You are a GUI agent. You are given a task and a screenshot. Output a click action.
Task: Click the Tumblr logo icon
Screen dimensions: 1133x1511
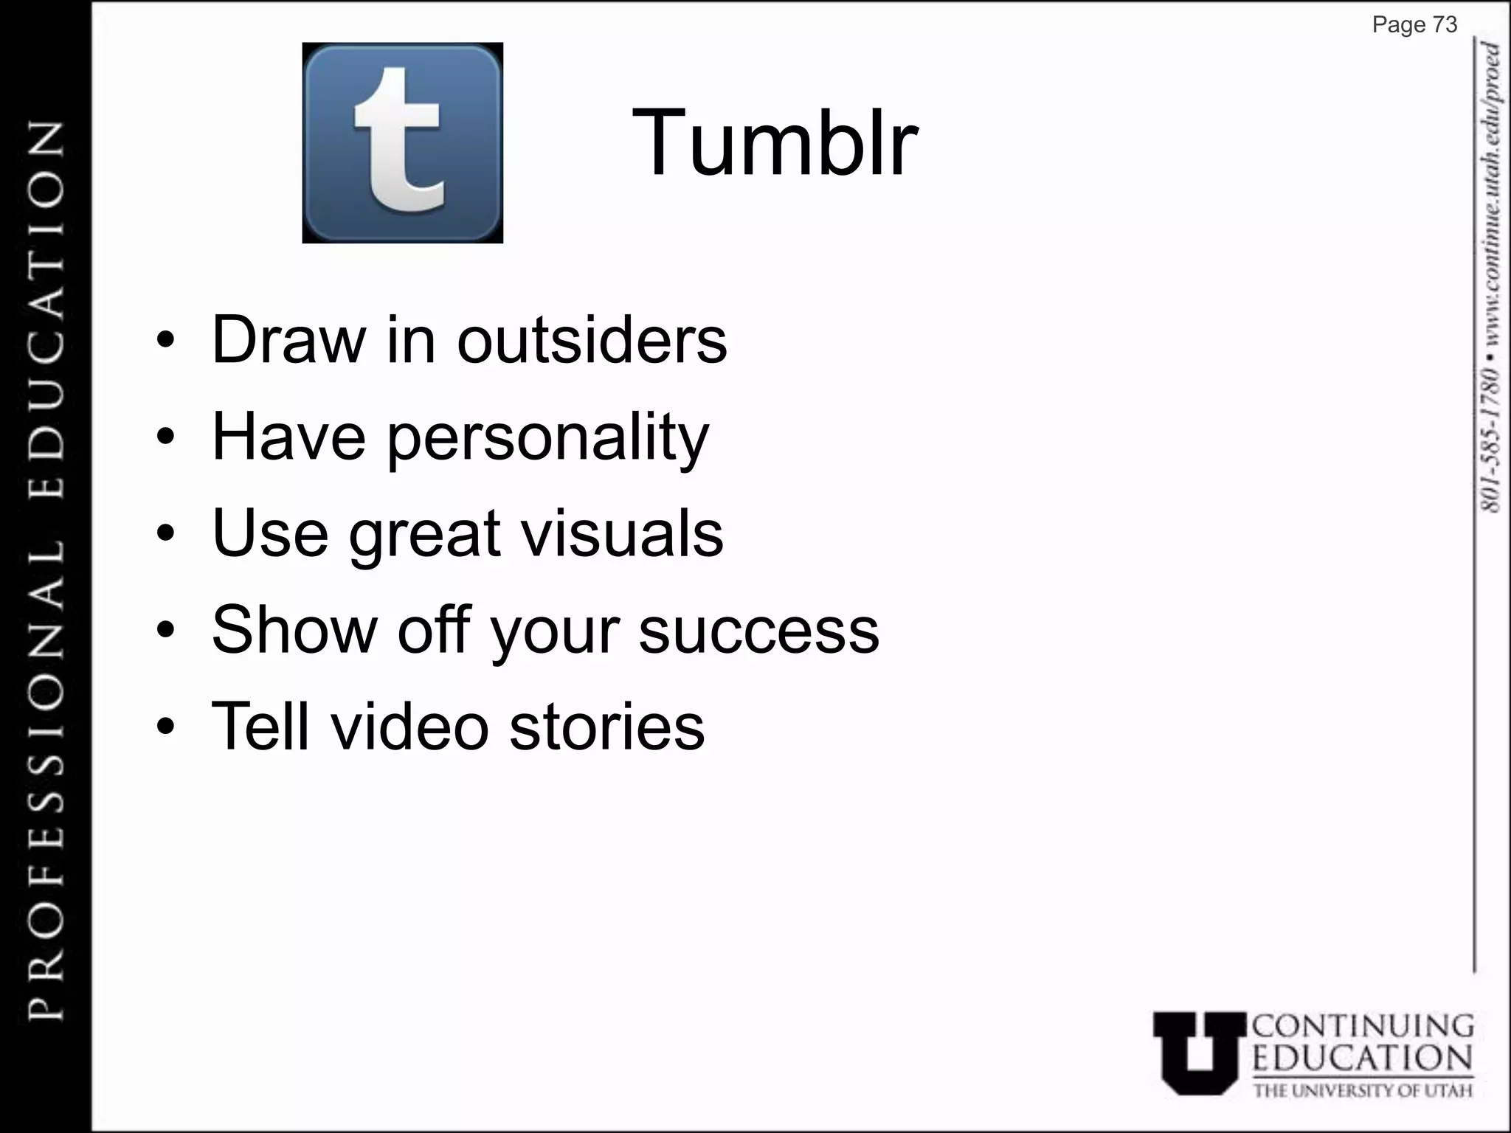click(402, 142)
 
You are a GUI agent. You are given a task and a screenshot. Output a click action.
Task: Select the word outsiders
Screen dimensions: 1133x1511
click(592, 340)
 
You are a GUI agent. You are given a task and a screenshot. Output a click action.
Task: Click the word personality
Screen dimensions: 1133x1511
click(547, 438)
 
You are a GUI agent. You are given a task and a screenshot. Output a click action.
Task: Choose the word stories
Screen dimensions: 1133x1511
click(606, 727)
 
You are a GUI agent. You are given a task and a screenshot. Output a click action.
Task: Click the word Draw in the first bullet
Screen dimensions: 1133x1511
click(288, 340)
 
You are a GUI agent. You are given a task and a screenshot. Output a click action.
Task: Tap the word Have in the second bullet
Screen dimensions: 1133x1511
click(288, 437)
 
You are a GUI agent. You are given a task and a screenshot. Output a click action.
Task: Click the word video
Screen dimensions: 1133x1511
click(409, 727)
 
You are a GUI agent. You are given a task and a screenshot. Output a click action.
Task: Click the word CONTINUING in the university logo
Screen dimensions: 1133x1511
click(1363, 1027)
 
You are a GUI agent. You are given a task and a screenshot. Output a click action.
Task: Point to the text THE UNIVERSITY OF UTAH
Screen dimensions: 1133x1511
click(1363, 1089)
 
